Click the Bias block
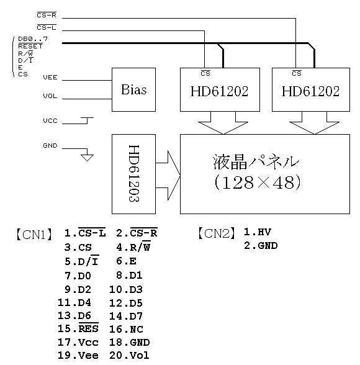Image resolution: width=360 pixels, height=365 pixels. (x=133, y=89)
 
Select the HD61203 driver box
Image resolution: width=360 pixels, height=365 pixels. (x=133, y=173)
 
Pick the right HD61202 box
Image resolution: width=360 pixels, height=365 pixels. (x=310, y=91)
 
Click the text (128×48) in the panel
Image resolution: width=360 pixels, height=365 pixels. (x=256, y=182)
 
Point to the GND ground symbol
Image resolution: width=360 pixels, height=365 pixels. (x=87, y=156)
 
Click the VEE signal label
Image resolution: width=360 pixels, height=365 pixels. (x=51, y=78)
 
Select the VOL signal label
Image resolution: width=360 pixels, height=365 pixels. (x=51, y=96)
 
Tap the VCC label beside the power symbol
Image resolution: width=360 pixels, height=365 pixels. (x=51, y=120)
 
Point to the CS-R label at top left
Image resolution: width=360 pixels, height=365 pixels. (x=47, y=14)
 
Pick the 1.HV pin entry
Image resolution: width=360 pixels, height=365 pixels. (x=257, y=232)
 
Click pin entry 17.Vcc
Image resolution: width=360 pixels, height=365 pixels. (x=77, y=342)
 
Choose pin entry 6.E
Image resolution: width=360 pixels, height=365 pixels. (x=126, y=261)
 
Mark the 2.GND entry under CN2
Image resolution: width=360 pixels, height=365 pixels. (x=261, y=246)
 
